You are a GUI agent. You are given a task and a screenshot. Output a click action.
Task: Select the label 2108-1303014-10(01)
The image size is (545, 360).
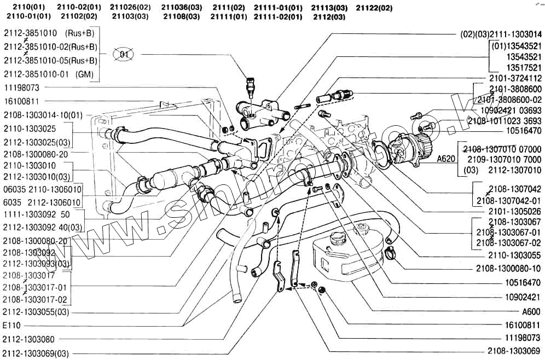tap(43, 115)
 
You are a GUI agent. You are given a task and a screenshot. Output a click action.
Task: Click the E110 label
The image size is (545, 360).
tap(11, 326)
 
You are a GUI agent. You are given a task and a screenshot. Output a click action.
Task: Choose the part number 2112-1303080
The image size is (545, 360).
tap(36, 339)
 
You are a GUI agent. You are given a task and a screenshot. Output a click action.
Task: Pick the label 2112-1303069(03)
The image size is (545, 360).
tap(43, 353)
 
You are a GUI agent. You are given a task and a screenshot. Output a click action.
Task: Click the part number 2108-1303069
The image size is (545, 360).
tap(514, 350)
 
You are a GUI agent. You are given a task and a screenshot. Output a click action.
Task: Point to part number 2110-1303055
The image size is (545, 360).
tap(514, 254)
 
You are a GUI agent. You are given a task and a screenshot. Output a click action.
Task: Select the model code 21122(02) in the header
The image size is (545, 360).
tap(374, 8)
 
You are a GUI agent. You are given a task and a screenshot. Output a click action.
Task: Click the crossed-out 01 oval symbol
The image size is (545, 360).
tap(124, 54)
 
